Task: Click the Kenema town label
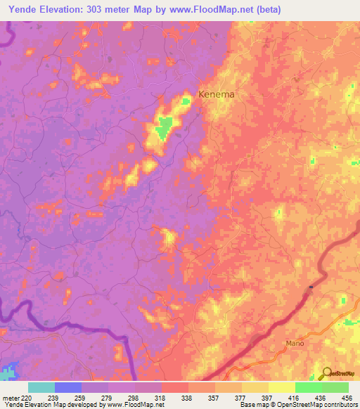coord(216,93)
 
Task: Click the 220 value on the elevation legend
coord(27,398)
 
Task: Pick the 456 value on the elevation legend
coord(346,398)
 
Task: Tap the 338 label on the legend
coord(186,398)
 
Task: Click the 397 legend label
coord(266,398)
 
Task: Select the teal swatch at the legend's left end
coord(41,387)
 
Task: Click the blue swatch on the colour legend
coord(68,387)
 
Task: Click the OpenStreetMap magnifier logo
coord(327,373)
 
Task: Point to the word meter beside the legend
coord(11,398)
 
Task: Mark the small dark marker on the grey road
coord(310,287)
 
